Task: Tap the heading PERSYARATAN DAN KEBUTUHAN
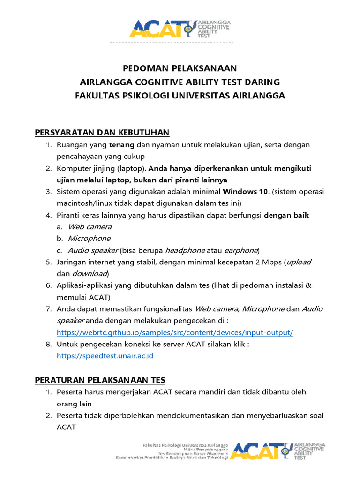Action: (102, 133)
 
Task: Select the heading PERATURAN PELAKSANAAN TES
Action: (100, 379)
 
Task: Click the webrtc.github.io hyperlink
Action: (175, 332)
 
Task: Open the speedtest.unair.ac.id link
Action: (105, 356)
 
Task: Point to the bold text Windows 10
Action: (245, 192)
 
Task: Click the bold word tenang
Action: (122, 145)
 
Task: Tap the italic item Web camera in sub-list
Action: (90, 227)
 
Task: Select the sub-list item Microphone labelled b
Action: (89, 239)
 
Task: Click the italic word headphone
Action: (185, 250)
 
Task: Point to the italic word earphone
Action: (241, 250)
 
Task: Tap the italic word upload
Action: (299, 262)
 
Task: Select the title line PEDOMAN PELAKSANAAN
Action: (180, 68)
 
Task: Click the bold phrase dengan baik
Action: (286, 215)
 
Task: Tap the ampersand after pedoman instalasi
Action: (307, 285)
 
